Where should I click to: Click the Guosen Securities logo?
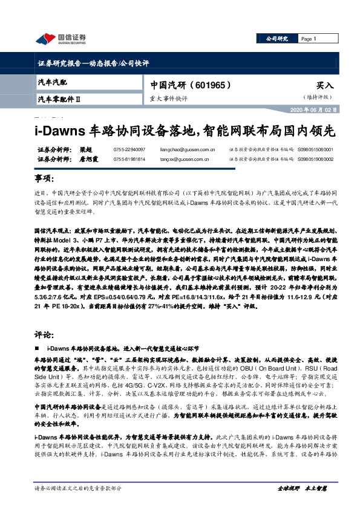click(61, 39)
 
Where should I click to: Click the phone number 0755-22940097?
click(129, 149)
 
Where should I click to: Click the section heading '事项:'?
click(44, 179)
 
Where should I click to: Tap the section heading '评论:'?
click(44, 334)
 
